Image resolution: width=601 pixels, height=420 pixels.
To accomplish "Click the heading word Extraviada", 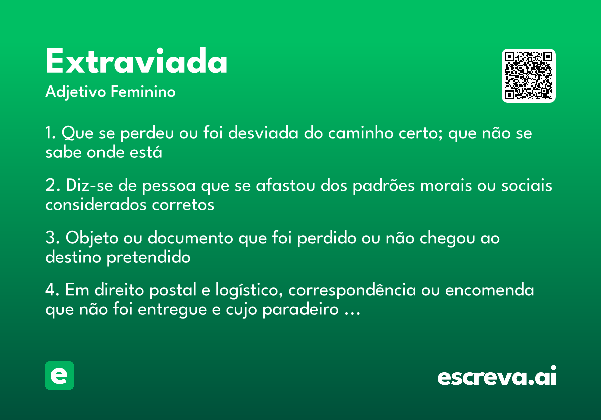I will click(136, 62).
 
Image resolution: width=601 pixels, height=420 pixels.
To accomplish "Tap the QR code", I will click(529, 76).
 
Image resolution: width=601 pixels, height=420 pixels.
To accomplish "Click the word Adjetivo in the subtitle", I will click(76, 92).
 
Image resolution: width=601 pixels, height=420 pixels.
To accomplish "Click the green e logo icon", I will click(59, 375).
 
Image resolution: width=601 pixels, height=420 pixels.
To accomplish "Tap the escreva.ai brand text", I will click(497, 377).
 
